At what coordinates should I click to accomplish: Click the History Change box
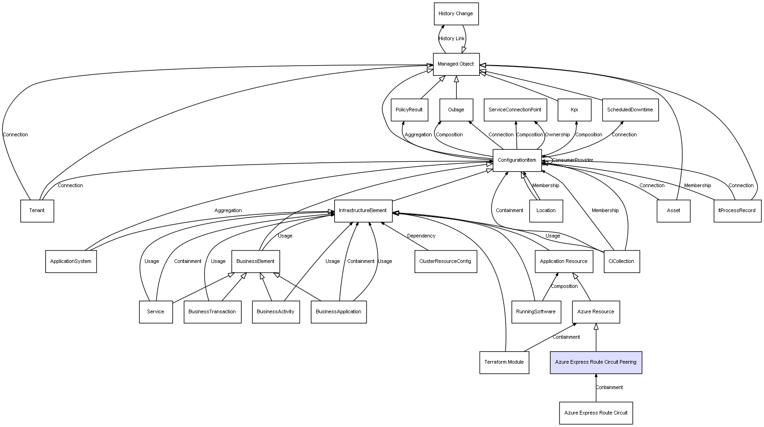[x=456, y=14]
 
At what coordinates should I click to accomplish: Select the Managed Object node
[x=456, y=64]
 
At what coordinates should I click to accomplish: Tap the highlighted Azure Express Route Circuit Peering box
[x=596, y=362]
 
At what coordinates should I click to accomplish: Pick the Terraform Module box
[x=504, y=362]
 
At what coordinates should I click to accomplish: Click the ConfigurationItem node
[x=517, y=160]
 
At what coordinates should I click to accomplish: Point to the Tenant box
[x=37, y=211]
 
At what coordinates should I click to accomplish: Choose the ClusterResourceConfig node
[x=445, y=262]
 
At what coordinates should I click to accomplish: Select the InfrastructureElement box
[x=363, y=211]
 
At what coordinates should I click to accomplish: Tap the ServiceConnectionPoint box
[x=515, y=110]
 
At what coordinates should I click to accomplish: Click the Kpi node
[x=574, y=110]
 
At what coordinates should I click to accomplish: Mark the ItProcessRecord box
[x=737, y=211]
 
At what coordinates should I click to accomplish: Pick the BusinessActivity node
[x=276, y=312]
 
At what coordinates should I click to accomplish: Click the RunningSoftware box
[x=536, y=312]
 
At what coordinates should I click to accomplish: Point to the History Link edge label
[x=451, y=38]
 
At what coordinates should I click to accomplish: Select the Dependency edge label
[x=421, y=236]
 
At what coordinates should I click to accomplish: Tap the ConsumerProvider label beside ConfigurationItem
[x=573, y=160]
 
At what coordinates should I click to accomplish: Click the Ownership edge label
[x=557, y=135]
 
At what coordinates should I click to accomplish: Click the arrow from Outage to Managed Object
[x=457, y=87]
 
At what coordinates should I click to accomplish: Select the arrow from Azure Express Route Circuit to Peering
[x=596, y=388]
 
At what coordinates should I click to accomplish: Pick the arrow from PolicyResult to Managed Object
[x=433, y=87]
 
